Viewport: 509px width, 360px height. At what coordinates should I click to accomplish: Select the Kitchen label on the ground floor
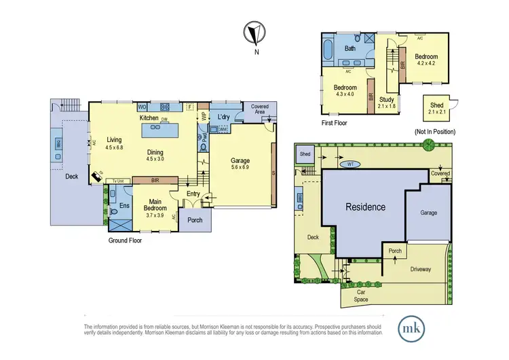(149, 118)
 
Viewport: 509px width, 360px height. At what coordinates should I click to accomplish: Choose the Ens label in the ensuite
(125, 205)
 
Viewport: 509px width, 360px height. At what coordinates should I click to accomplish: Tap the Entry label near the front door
(193, 195)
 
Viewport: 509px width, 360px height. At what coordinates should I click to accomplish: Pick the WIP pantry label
(204, 116)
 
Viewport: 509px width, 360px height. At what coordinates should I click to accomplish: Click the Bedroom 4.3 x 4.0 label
(345, 91)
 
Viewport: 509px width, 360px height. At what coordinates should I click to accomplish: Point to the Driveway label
(420, 269)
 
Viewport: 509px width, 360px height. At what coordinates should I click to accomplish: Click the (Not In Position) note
(434, 131)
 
